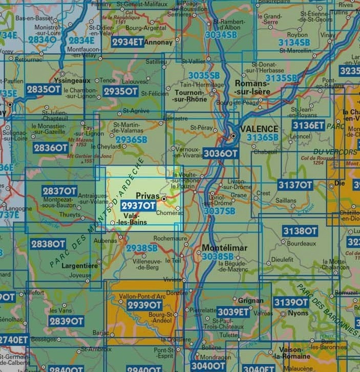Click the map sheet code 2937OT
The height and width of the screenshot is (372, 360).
point(138,206)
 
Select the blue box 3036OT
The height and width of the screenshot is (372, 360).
point(220,153)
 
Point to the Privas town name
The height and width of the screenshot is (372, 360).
point(148,196)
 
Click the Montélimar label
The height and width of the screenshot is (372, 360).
point(225,248)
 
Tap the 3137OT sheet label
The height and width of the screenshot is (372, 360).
point(294,185)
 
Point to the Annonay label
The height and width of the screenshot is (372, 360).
point(159,43)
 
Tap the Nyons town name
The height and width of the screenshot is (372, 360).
point(298,313)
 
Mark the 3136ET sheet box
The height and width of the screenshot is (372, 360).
point(308,125)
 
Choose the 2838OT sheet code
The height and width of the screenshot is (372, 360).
point(48,244)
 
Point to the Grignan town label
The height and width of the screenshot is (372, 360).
point(251,301)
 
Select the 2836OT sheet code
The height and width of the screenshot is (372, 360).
point(50,148)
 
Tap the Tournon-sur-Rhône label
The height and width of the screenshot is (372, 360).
point(191,96)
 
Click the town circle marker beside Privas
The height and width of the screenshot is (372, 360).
point(164,198)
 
